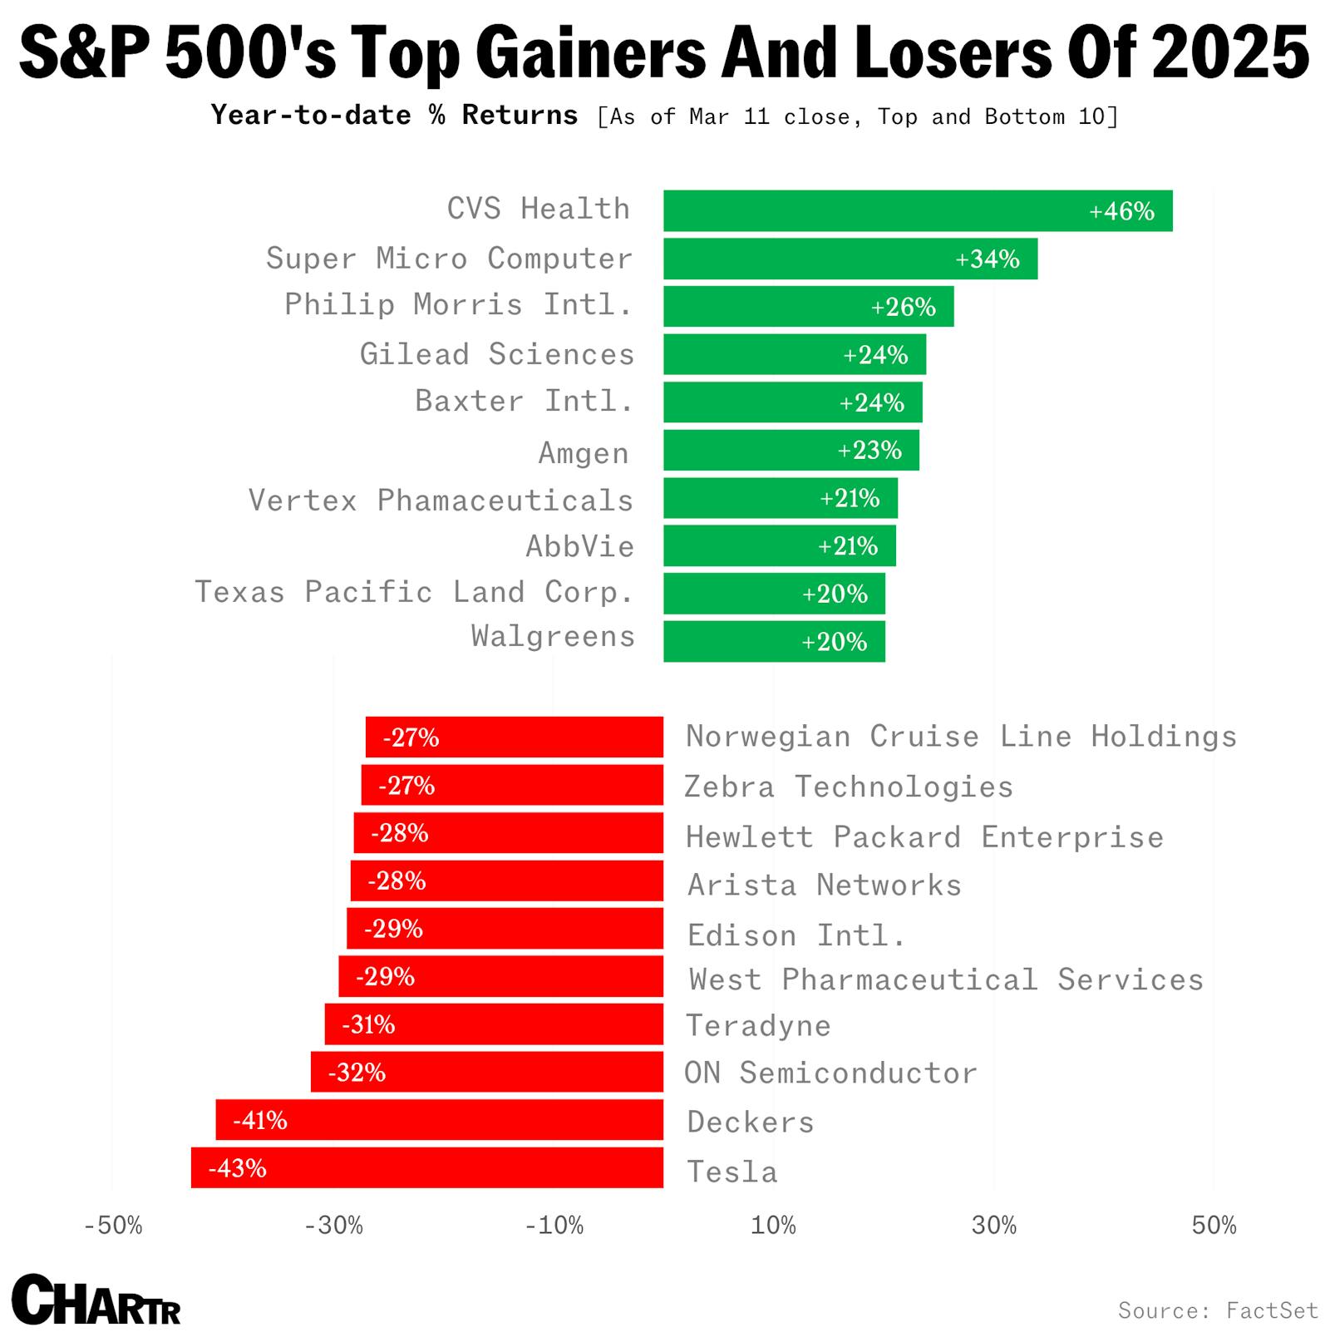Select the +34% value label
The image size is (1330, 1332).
coord(987,259)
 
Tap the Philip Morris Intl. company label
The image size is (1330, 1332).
coord(458,304)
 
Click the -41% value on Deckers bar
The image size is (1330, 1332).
coord(259,1120)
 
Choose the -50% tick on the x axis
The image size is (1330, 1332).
coord(113,1226)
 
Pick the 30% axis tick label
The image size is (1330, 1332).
coord(993,1226)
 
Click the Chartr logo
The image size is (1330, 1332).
coord(96,1300)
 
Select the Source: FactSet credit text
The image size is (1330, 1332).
coord(1218,1310)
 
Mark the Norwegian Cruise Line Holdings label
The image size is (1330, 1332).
coord(961,737)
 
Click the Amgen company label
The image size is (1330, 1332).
coord(584,453)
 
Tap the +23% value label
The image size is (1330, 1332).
coord(869,450)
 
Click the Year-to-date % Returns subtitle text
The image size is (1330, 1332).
coord(394,115)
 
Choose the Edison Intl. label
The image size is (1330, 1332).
coord(796,935)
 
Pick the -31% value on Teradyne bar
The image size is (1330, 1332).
coord(368,1024)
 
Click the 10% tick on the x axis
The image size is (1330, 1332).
coord(773,1226)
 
